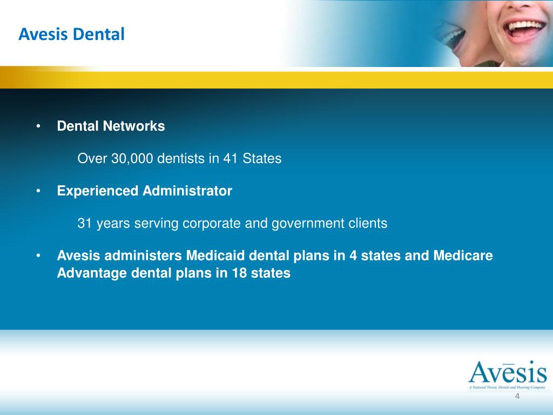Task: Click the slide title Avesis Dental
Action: [x=71, y=35]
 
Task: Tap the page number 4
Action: [x=517, y=398]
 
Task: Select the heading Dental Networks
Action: [x=111, y=126]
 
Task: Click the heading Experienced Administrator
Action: [x=145, y=191]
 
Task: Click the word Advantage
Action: [x=92, y=273]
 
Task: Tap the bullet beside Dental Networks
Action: [x=39, y=127]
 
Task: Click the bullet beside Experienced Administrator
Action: [x=39, y=191]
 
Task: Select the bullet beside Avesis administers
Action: [x=39, y=256]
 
